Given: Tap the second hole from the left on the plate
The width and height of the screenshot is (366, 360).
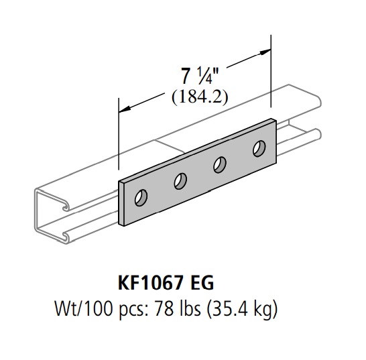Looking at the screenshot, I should pos(180,180).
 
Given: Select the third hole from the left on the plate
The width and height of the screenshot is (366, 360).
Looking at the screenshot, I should pos(219,164).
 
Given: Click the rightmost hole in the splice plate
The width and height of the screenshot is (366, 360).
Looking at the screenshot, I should pos(257,148).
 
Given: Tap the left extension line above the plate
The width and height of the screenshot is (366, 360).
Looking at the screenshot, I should pos(119,141).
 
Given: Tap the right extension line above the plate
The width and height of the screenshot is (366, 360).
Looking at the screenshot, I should pos(271,74).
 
